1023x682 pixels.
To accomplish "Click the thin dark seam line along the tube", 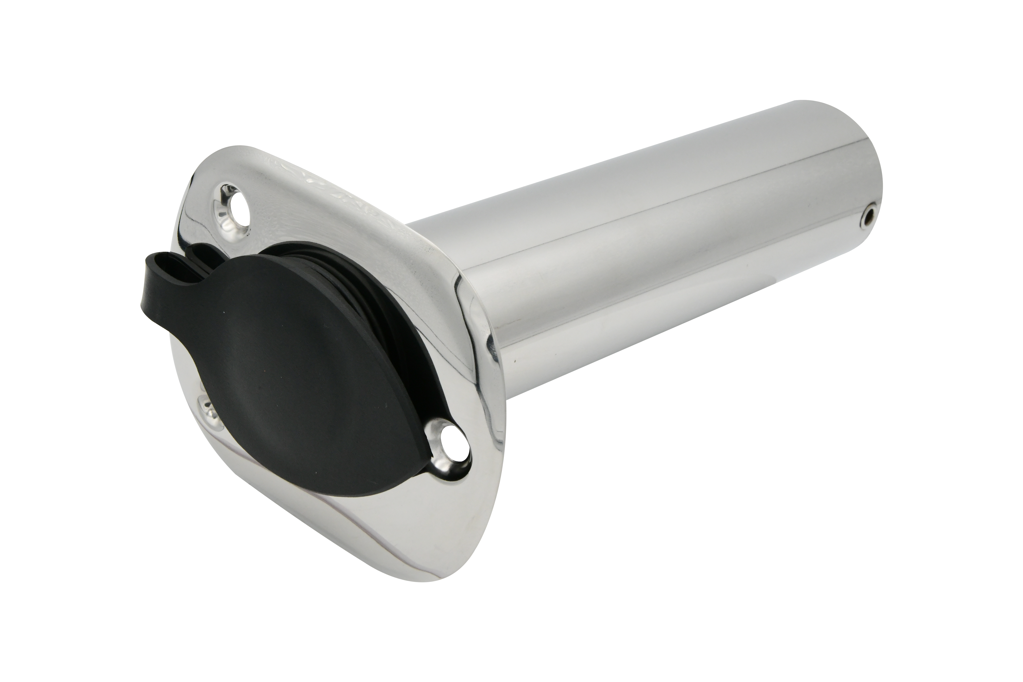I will point(652,204).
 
